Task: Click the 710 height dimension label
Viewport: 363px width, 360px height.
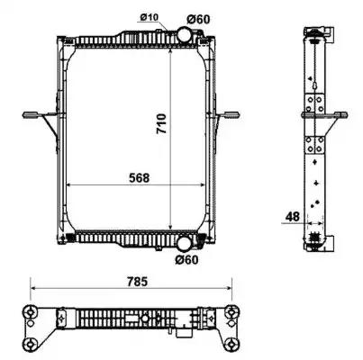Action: pos(161,123)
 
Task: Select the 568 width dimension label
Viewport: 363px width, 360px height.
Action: pos(139,178)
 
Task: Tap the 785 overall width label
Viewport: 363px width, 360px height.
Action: pos(137,282)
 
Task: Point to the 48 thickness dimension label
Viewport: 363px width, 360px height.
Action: pos(293,217)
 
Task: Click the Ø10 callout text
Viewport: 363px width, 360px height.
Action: pos(149,18)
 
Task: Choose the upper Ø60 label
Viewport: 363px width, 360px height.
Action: pos(198,20)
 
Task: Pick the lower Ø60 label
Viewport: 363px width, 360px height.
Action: pos(186,260)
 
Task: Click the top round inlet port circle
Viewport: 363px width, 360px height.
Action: pos(185,34)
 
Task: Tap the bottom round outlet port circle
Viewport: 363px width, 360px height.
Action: pos(184,244)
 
